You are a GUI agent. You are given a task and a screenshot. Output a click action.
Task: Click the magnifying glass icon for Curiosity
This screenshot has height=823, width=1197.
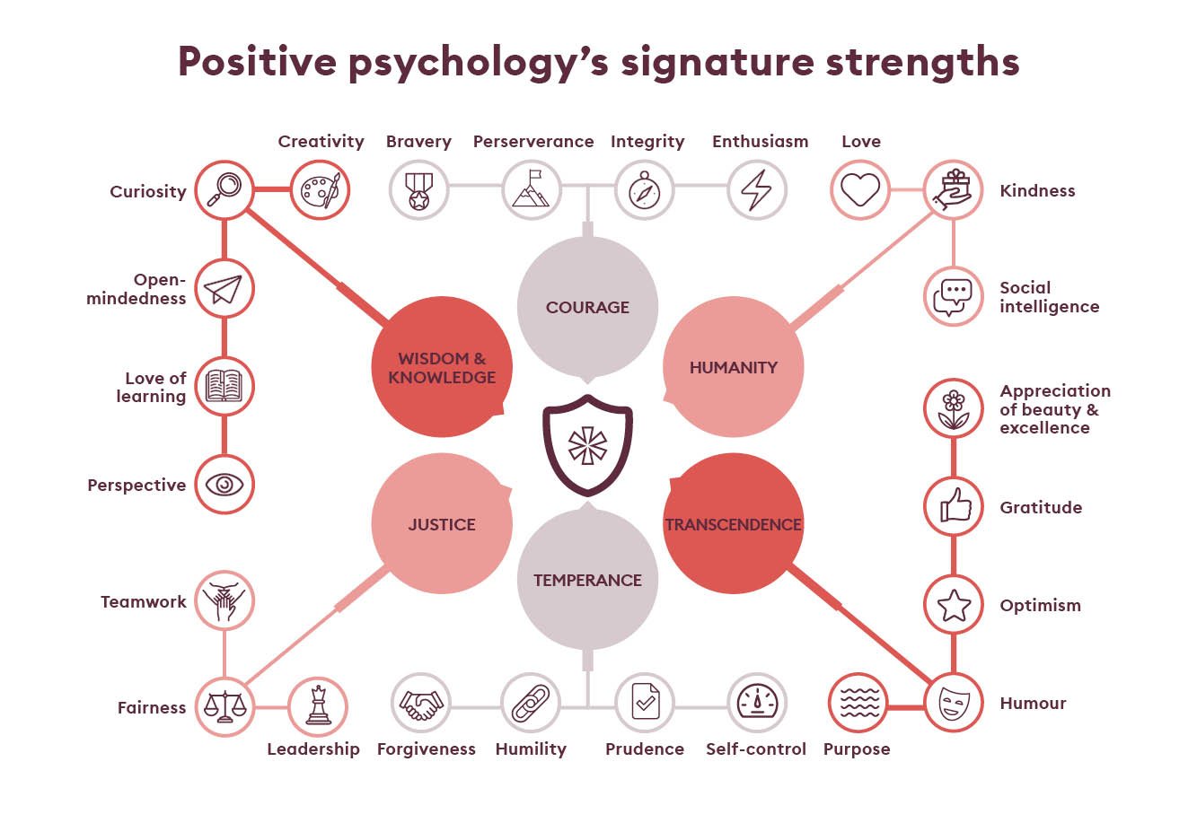coord(224,189)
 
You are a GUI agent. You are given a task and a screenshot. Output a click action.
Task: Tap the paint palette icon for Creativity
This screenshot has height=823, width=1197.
coord(320,190)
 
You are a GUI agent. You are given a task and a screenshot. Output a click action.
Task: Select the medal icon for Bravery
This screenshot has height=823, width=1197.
coord(418,190)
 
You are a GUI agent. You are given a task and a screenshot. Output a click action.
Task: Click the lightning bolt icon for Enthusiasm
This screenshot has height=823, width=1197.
coord(756,190)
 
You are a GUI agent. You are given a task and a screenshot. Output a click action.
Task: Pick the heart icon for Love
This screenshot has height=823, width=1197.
coord(859,190)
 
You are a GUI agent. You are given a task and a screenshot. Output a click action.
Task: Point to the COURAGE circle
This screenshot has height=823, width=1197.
coord(587,307)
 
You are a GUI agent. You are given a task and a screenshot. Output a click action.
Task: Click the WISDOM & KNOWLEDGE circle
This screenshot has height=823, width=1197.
coord(442,367)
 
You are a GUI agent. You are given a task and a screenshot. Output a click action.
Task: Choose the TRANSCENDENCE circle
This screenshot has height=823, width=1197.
coord(733,524)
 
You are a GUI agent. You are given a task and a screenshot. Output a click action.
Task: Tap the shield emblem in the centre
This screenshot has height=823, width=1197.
coord(587,445)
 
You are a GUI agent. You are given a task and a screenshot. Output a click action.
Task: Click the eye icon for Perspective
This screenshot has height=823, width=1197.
coord(224,485)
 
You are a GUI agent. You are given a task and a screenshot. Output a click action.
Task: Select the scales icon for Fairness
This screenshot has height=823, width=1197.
coord(224,706)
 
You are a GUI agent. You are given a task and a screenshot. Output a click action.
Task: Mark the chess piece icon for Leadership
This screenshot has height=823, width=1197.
coord(318,706)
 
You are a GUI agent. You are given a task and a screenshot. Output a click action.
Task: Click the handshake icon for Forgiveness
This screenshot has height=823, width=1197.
coord(420,704)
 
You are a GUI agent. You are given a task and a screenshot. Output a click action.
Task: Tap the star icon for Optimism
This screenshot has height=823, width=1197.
coord(954,605)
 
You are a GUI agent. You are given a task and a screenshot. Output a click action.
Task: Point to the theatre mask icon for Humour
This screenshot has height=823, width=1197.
coord(954,703)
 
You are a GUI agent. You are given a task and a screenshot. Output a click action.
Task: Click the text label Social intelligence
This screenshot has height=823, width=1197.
coord(1049,297)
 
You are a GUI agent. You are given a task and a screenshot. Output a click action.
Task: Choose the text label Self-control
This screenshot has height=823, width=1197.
coord(756,749)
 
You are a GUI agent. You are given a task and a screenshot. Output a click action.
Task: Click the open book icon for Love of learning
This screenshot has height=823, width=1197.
coord(224,387)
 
